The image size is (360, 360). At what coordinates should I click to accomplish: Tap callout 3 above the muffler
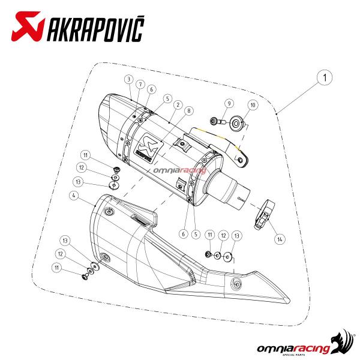tap(128, 79)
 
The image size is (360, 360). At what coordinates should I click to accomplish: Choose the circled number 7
tap(140, 85)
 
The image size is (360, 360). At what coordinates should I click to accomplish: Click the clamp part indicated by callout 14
tap(264, 212)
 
